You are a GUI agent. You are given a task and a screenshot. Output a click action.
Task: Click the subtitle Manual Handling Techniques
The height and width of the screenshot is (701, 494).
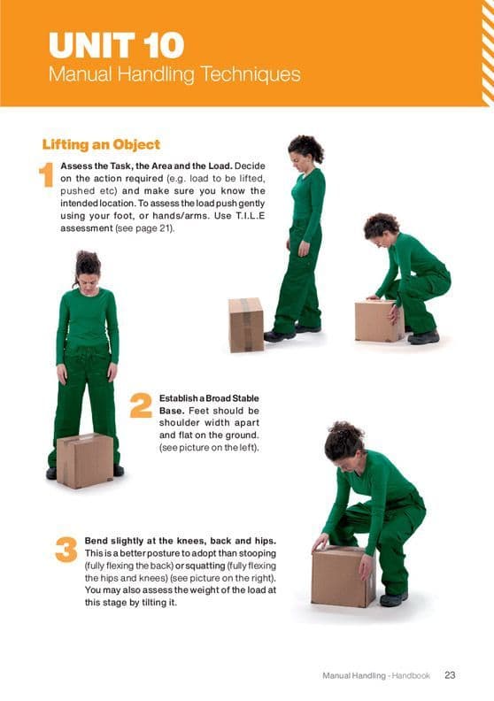pyautogui.click(x=174, y=74)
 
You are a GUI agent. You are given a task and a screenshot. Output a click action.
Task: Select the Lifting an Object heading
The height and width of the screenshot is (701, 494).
pyautogui.click(x=101, y=144)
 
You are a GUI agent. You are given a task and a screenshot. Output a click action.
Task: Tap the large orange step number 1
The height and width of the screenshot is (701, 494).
pyautogui.click(x=48, y=175)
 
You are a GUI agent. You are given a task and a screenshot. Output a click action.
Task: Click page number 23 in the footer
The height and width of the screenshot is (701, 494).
pyautogui.click(x=449, y=675)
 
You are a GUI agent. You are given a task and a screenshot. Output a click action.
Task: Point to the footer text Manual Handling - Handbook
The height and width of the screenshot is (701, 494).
pyautogui.click(x=375, y=675)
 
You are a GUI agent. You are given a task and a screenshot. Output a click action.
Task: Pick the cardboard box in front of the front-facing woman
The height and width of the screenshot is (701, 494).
pyautogui.click(x=85, y=460)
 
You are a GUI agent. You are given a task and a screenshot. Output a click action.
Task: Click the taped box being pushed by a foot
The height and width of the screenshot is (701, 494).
pyautogui.click(x=246, y=324)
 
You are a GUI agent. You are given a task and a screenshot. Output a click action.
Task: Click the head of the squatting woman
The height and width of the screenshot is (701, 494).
pyautogui.click(x=381, y=227)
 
